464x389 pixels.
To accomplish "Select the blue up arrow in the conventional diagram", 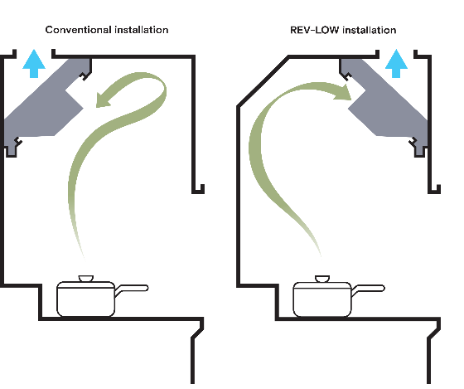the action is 34,64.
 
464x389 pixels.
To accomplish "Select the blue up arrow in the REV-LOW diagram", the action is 396,64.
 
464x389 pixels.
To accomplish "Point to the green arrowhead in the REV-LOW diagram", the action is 343,92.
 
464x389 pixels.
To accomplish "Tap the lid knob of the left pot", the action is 86,279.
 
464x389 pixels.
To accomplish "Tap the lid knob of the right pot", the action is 322,279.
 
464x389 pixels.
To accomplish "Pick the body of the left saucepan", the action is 86,299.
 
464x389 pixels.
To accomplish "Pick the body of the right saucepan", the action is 322,299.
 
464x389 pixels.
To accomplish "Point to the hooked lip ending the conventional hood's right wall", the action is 198,189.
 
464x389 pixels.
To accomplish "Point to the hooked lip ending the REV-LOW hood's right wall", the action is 434,189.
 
